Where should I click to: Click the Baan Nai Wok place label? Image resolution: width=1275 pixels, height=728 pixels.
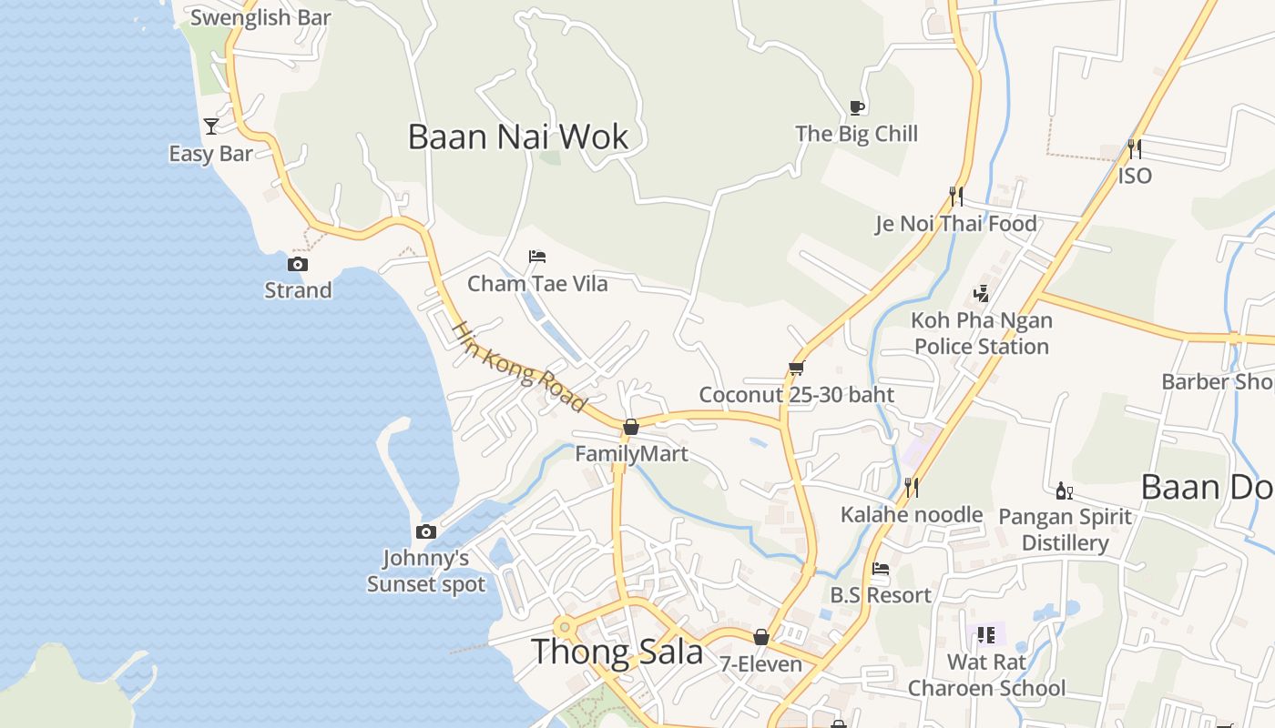coord(518,137)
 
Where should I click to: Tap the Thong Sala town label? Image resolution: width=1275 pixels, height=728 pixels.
coord(617,652)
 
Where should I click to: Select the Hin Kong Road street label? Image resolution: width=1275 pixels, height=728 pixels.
coord(519,366)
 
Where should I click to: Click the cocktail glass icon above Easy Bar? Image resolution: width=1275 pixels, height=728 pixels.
coord(211,126)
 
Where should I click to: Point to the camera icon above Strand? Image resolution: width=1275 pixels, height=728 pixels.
coord(297,265)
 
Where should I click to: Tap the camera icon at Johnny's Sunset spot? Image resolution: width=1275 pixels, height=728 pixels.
coord(425,532)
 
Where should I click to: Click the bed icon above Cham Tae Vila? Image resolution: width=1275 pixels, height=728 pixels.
coord(537,258)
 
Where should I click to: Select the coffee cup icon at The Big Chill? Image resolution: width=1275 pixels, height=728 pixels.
coord(856,107)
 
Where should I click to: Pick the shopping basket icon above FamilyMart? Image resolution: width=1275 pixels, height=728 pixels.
coord(630,427)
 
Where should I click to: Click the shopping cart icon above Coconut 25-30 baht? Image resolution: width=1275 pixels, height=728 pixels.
coord(796,369)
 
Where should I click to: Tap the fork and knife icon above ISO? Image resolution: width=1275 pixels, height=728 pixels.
coord(1134,148)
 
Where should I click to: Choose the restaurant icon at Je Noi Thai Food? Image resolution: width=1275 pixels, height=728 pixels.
coord(955,197)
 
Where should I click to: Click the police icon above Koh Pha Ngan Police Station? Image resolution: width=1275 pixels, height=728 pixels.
coord(981,293)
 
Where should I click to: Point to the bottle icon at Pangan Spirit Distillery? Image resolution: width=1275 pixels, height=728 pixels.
coord(1063,490)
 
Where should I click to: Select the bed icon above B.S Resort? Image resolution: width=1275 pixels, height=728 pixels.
coord(880,569)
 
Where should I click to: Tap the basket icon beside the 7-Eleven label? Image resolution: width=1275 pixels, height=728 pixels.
coord(760,637)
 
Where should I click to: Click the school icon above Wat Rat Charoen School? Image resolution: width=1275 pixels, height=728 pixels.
coord(985,635)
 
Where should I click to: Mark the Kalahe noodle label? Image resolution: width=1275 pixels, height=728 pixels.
coord(912,514)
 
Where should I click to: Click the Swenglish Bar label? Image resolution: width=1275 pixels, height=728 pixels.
coord(260,17)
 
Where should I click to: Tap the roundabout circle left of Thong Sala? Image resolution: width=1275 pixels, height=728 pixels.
coord(565,626)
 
